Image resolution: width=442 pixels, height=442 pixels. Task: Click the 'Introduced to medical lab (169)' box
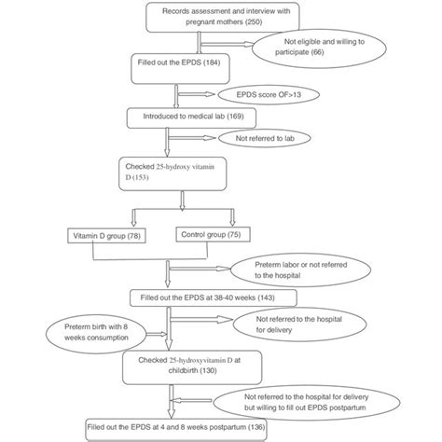(186, 117)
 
